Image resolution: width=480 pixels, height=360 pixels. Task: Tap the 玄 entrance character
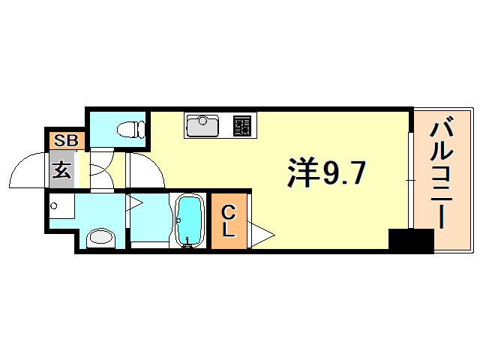click(x=62, y=170)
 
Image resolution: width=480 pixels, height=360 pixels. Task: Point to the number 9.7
click(x=345, y=174)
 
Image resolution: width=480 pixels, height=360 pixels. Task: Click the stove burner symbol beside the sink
click(x=242, y=125)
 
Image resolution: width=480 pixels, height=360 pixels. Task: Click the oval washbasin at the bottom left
click(x=100, y=238)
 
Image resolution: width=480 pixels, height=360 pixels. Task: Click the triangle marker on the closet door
click(x=262, y=235)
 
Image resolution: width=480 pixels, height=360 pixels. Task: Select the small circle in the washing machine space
click(x=55, y=203)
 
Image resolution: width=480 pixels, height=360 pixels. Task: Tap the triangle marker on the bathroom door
click(x=135, y=202)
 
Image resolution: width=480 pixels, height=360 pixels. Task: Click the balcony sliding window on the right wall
click(x=410, y=180)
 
